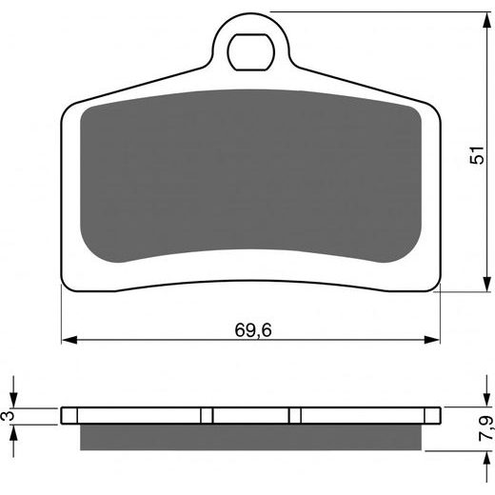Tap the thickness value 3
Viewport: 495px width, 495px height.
point(9,416)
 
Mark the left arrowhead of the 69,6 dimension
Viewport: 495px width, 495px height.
point(68,339)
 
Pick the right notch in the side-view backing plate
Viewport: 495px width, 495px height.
point(295,416)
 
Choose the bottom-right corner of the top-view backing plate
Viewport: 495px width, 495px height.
point(437,287)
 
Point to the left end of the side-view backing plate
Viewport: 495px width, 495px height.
point(63,416)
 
